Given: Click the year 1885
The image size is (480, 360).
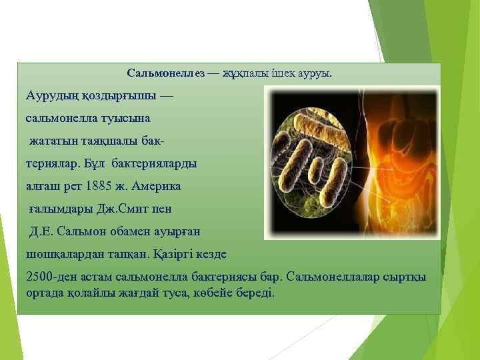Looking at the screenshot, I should click(x=109, y=185).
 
